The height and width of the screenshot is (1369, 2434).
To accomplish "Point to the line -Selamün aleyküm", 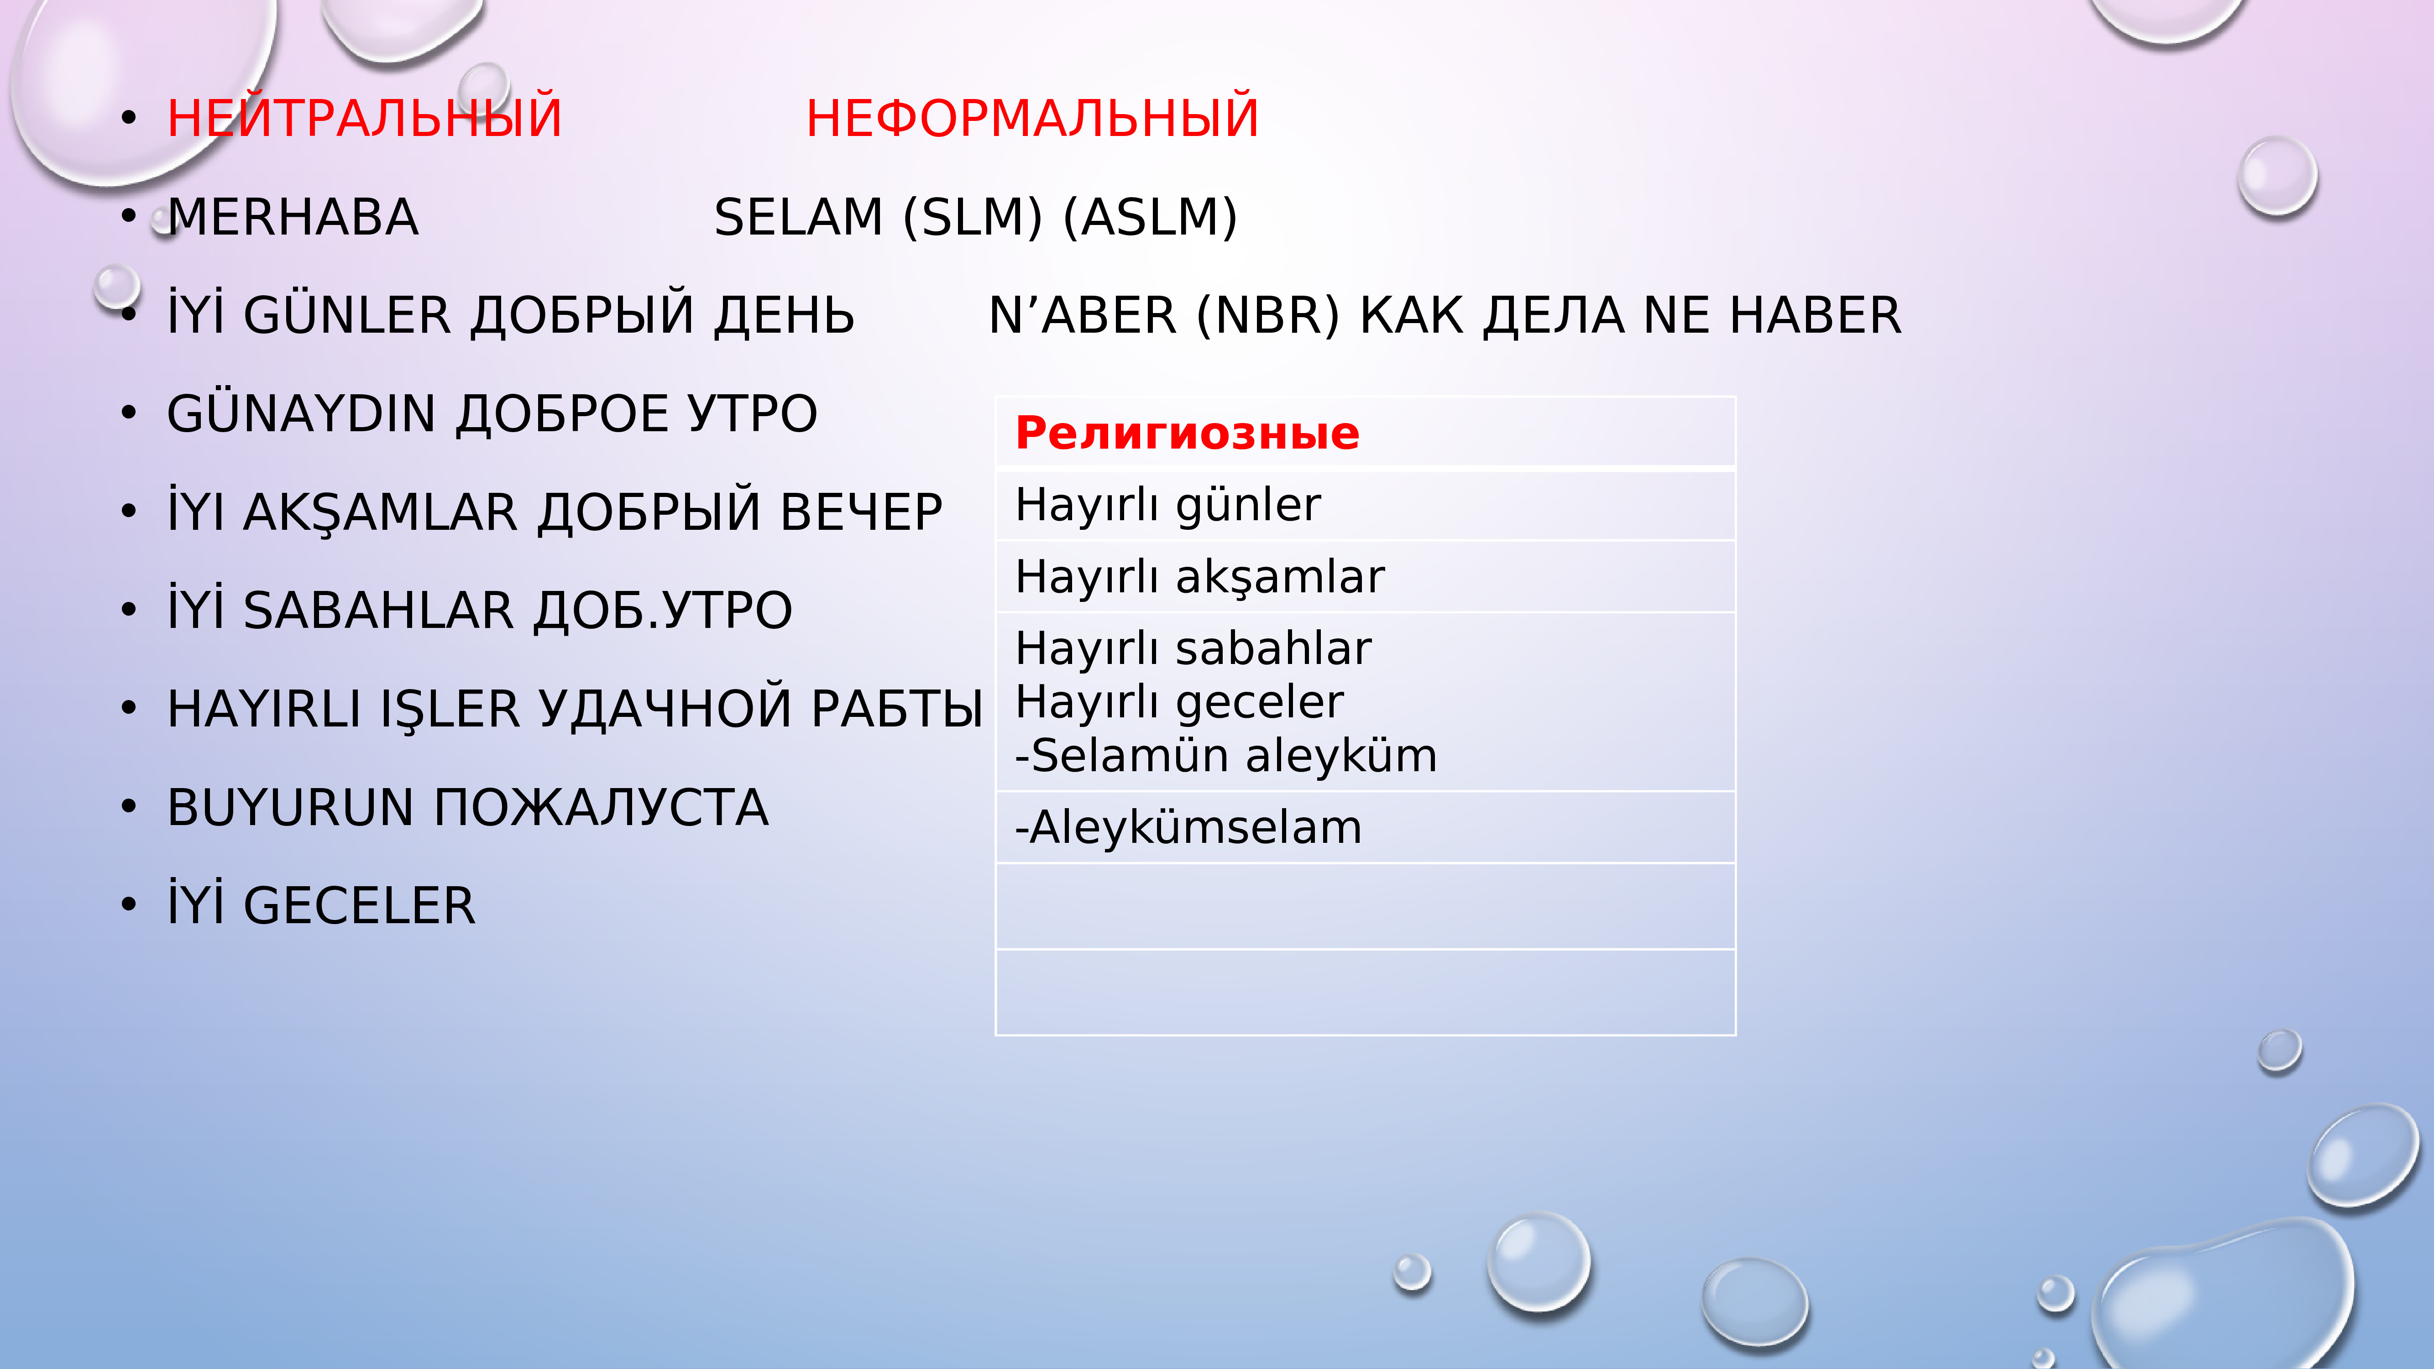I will pos(1225,756).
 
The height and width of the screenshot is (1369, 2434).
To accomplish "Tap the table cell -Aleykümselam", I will pos(1188,828).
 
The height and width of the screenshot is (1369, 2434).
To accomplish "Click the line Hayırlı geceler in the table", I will pos(1179,702).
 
